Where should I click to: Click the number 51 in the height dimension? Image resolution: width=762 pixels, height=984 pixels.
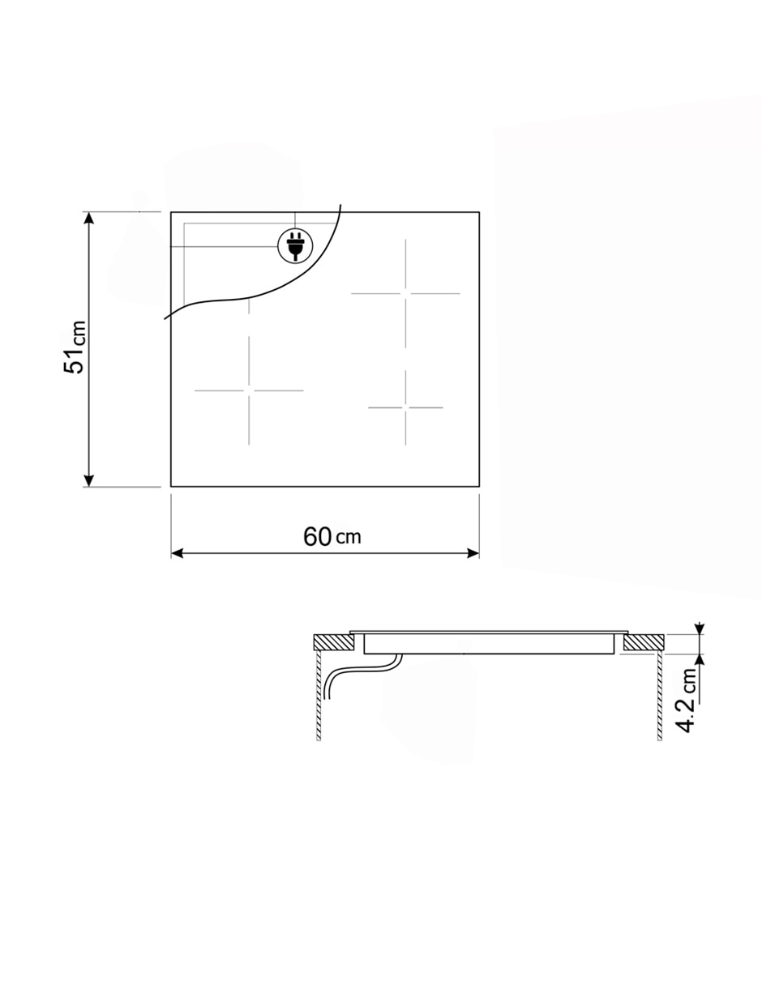click(75, 361)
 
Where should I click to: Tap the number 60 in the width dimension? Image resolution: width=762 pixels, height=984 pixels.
click(317, 537)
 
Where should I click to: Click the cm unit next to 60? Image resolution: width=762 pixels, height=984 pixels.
click(349, 538)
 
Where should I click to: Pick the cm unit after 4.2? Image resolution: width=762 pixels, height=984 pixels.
click(688, 679)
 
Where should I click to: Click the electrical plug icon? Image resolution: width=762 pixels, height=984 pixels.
click(295, 246)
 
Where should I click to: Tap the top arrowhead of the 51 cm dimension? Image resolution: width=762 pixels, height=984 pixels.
click(89, 218)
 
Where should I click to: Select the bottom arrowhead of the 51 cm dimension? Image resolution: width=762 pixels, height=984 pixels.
click(89, 480)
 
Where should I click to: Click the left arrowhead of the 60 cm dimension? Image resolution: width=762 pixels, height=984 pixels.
click(178, 553)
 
